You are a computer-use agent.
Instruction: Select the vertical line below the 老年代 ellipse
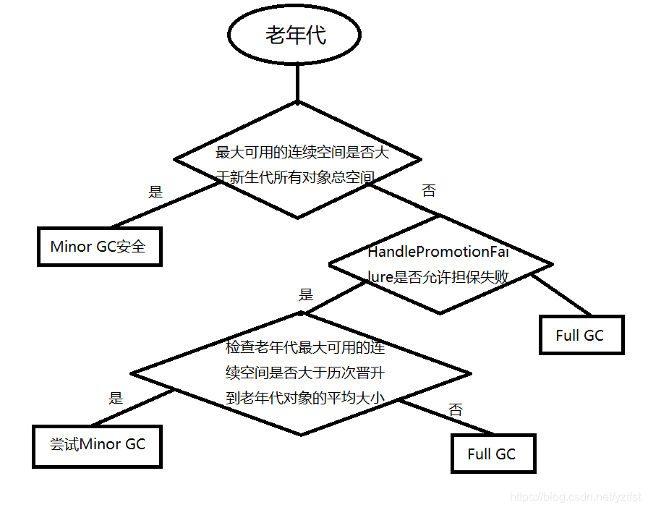[x=297, y=82]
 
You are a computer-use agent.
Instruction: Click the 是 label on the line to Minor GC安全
[x=155, y=192]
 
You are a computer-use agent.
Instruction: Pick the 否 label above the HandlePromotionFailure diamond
[x=429, y=191]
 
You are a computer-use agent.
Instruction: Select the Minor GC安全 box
[x=98, y=247]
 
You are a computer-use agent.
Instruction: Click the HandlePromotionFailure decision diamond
[x=440, y=264]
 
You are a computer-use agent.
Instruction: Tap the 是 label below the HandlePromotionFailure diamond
[x=306, y=294]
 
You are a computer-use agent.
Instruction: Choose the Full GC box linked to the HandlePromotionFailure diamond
[x=581, y=335]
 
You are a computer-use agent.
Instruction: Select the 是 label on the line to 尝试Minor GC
[x=116, y=398]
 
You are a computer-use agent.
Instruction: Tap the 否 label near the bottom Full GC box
[x=456, y=409]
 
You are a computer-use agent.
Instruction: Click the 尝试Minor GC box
[x=97, y=445]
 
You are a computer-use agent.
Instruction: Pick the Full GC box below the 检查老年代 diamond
[x=493, y=454]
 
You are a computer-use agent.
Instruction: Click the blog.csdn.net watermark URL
[x=575, y=498]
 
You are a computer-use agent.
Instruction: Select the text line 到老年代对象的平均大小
[x=304, y=398]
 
